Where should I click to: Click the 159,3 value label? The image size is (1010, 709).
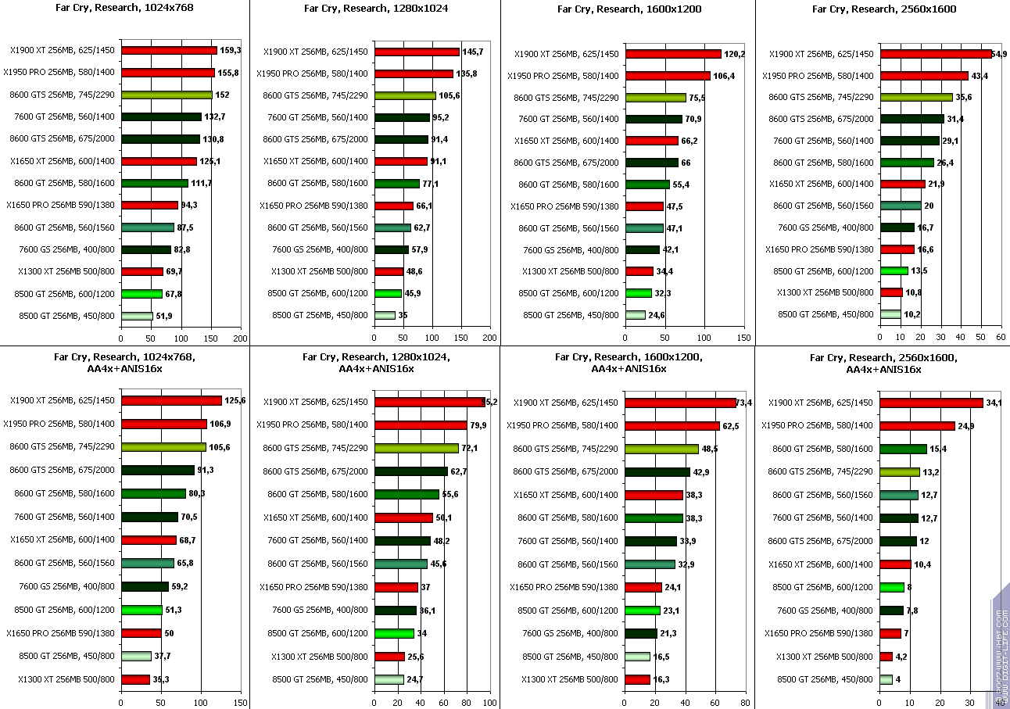tap(230, 51)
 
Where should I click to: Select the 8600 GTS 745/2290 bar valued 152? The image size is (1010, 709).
tap(167, 95)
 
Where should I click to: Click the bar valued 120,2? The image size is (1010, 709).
tap(672, 54)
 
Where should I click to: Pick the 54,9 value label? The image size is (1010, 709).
tap(998, 54)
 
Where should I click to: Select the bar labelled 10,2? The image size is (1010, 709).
tap(890, 314)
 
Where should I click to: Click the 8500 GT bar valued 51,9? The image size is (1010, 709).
tap(137, 316)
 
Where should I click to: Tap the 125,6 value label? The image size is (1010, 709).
tap(235, 400)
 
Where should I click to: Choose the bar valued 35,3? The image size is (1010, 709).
tap(135, 679)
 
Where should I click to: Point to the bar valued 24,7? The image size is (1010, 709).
tap(389, 679)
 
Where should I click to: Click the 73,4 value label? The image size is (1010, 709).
tap(747, 403)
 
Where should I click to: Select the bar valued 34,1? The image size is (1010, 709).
tap(931, 403)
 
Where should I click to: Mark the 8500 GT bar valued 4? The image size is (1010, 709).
tap(886, 679)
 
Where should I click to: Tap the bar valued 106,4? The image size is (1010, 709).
tap(668, 76)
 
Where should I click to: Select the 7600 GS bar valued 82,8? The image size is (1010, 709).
tap(145, 249)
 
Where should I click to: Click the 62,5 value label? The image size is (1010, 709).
tap(732, 426)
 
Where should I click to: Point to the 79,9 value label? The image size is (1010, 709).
tap(477, 425)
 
